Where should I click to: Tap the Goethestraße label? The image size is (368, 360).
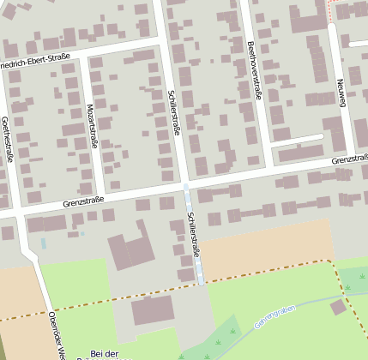(x=8, y=139)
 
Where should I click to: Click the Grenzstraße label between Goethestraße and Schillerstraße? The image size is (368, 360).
(x=83, y=201)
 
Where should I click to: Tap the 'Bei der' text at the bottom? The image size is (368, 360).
(x=104, y=354)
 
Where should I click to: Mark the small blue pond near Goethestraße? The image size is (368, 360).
(x=44, y=243)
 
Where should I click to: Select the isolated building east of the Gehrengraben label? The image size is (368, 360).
(x=338, y=306)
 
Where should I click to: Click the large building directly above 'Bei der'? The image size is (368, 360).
(x=152, y=310)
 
